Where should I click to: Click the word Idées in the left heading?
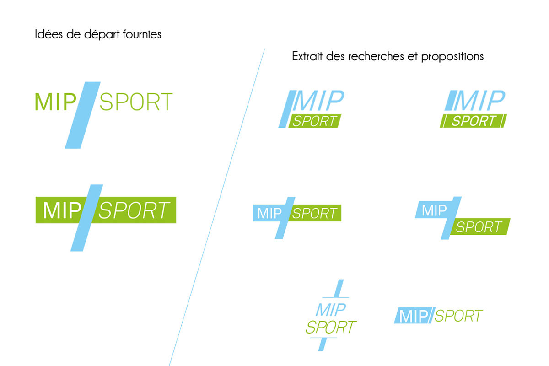pyautogui.click(x=49, y=34)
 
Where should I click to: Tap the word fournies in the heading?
pyautogui.click(x=142, y=34)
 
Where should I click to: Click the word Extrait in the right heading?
pyautogui.click(x=307, y=56)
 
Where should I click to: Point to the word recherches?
pyautogui.click(x=376, y=56)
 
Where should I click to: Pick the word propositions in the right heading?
pyautogui.click(x=452, y=57)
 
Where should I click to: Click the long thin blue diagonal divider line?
pyautogui.click(x=217, y=207)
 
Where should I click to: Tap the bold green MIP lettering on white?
pyautogui.click(x=56, y=102)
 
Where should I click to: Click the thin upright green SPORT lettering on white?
pyautogui.click(x=136, y=102)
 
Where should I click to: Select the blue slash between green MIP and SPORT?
pyautogui.click(x=83, y=115)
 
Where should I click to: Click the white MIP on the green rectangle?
pyautogui.click(x=62, y=210)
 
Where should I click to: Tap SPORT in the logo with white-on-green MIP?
pyautogui.click(x=134, y=210)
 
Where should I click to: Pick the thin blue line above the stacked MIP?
pyautogui.click(x=335, y=297)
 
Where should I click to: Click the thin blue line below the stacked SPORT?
pyautogui.click(x=323, y=338)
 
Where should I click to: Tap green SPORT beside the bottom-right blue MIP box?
pyautogui.click(x=458, y=316)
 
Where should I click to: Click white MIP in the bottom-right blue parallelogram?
pyautogui.click(x=414, y=316)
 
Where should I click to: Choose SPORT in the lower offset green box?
pyautogui.click(x=479, y=227)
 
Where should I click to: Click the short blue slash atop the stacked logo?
pyautogui.click(x=339, y=288)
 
